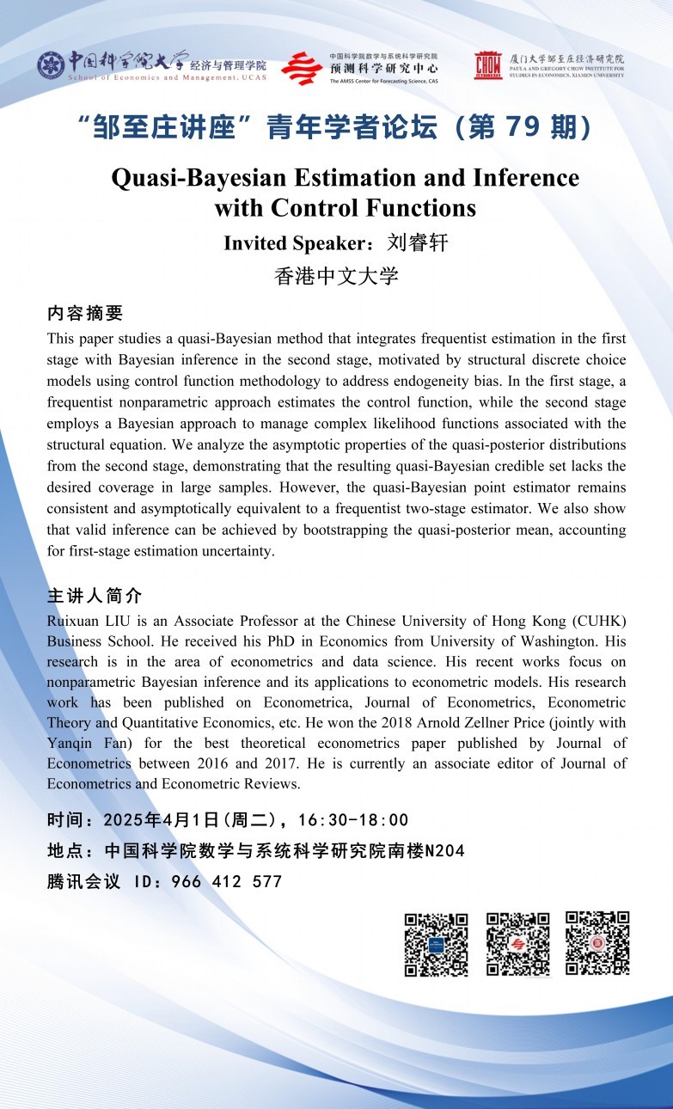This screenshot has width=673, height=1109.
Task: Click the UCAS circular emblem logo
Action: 51,65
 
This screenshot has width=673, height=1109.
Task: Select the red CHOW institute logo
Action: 488,65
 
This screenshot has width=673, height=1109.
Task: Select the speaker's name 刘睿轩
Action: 418,243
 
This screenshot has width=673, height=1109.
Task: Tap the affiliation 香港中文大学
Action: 336,276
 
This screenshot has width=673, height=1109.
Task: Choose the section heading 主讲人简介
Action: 95,596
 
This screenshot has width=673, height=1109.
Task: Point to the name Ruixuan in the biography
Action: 74,621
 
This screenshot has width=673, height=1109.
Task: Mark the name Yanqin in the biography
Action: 68,743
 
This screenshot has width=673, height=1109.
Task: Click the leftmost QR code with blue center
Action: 436,944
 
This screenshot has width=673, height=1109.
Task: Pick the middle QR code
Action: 517,944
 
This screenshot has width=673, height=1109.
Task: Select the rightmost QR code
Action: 597,943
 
